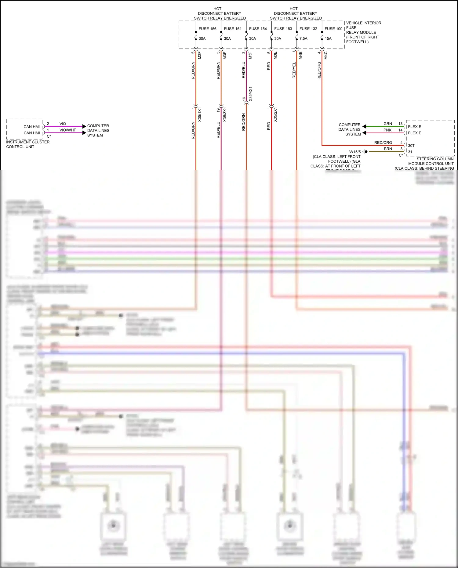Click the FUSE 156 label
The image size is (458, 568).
pyautogui.click(x=207, y=29)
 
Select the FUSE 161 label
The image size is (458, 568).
pyautogui.click(x=232, y=29)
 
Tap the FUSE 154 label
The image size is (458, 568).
pyautogui.click(x=258, y=29)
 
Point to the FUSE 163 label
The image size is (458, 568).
pyautogui.click(x=283, y=29)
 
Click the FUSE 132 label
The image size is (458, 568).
pyautogui.click(x=308, y=29)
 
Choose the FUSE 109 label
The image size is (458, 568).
pyautogui.click(x=333, y=29)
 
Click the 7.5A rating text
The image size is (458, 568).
pyautogui.click(x=303, y=38)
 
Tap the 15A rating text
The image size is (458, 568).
pyautogui.click(x=328, y=38)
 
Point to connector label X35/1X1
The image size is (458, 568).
pyautogui.click(x=200, y=114)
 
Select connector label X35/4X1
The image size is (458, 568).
pyautogui.click(x=251, y=94)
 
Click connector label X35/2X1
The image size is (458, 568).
pyautogui.click(x=275, y=114)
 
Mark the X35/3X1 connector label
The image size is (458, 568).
pyautogui.click(x=225, y=114)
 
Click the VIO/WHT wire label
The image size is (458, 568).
pyautogui.click(x=67, y=130)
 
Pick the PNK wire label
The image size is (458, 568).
pyautogui.click(x=387, y=130)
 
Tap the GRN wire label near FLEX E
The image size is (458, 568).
pyautogui.click(x=387, y=124)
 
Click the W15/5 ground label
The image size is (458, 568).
pyautogui.click(x=355, y=152)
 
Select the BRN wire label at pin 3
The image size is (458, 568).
pyautogui.click(x=388, y=149)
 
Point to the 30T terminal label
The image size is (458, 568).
pyautogui.click(x=411, y=146)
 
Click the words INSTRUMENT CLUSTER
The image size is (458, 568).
pyautogui.click(x=28, y=142)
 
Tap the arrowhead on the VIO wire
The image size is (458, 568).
pyautogui.click(x=84, y=126)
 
